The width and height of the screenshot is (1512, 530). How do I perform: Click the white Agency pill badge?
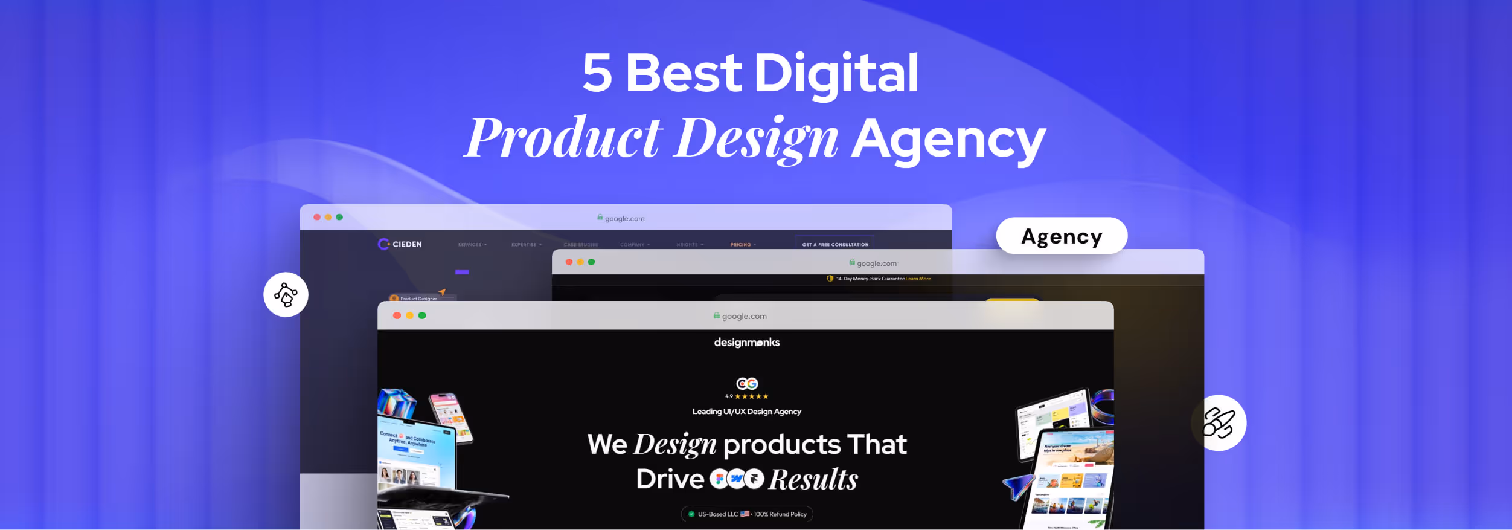[x=1061, y=236]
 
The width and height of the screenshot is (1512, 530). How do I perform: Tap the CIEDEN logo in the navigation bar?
[x=400, y=244]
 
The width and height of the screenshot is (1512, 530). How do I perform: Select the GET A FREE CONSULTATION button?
[x=834, y=244]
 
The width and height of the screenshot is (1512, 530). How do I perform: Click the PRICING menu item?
[x=742, y=245]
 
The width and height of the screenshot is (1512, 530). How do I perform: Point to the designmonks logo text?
[x=746, y=343]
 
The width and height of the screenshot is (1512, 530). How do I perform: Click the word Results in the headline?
[x=813, y=479]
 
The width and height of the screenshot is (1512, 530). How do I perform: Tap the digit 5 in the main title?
[x=597, y=73]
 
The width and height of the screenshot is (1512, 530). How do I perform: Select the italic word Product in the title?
[x=564, y=138]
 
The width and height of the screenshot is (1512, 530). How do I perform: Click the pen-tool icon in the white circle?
[x=286, y=295]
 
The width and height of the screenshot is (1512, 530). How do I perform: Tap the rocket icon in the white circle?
[x=1219, y=423]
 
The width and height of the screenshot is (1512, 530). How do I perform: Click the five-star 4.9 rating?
[x=747, y=396]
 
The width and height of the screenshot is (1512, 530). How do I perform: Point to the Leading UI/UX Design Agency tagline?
[x=746, y=412]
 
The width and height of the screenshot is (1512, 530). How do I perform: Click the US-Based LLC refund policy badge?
[x=747, y=514]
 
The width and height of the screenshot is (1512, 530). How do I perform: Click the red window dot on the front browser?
[x=397, y=315]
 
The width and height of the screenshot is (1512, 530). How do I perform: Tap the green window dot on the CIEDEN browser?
[x=339, y=217]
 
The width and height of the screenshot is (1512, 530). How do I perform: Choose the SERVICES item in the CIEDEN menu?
[x=471, y=245]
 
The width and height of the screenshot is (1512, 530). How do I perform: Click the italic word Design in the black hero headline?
[x=674, y=445]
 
